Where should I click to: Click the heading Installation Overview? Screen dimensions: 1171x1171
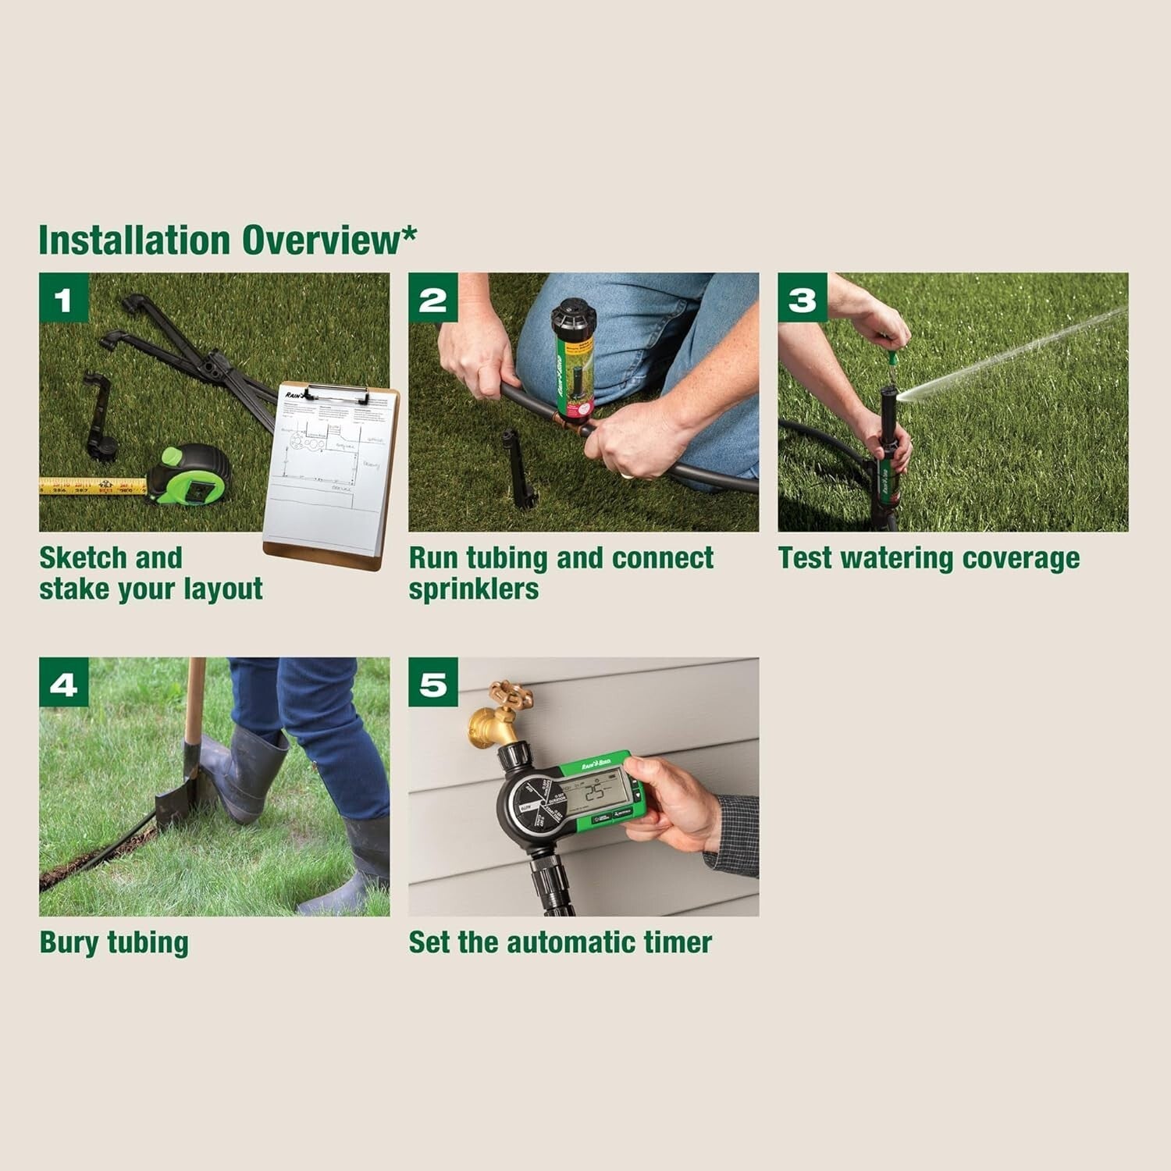(x=226, y=240)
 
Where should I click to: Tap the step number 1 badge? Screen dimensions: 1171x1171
(x=64, y=298)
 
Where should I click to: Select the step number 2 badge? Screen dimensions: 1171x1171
(x=433, y=298)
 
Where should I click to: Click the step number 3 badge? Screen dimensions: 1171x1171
(x=803, y=298)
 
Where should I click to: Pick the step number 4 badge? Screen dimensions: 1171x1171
(x=64, y=683)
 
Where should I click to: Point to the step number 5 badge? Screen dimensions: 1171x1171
(x=433, y=683)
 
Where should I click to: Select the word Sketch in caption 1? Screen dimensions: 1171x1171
(x=84, y=558)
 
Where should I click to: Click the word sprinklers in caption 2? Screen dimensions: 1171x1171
(x=473, y=589)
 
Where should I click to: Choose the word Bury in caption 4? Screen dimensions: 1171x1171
(x=69, y=942)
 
